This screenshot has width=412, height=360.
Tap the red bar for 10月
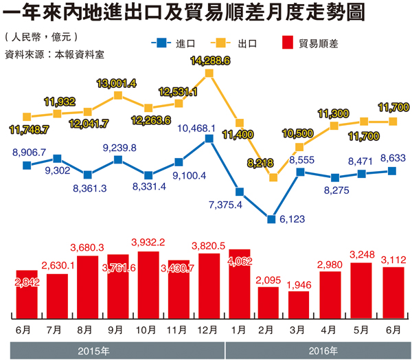tap(148, 285)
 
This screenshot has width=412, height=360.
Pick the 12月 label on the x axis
tap(209, 330)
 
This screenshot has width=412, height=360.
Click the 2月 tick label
tap(269, 330)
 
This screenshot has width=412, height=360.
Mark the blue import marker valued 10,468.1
tap(209, 139)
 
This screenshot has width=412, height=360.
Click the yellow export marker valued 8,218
tap(273, 177)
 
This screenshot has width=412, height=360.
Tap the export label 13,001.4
tap(116, 83)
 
